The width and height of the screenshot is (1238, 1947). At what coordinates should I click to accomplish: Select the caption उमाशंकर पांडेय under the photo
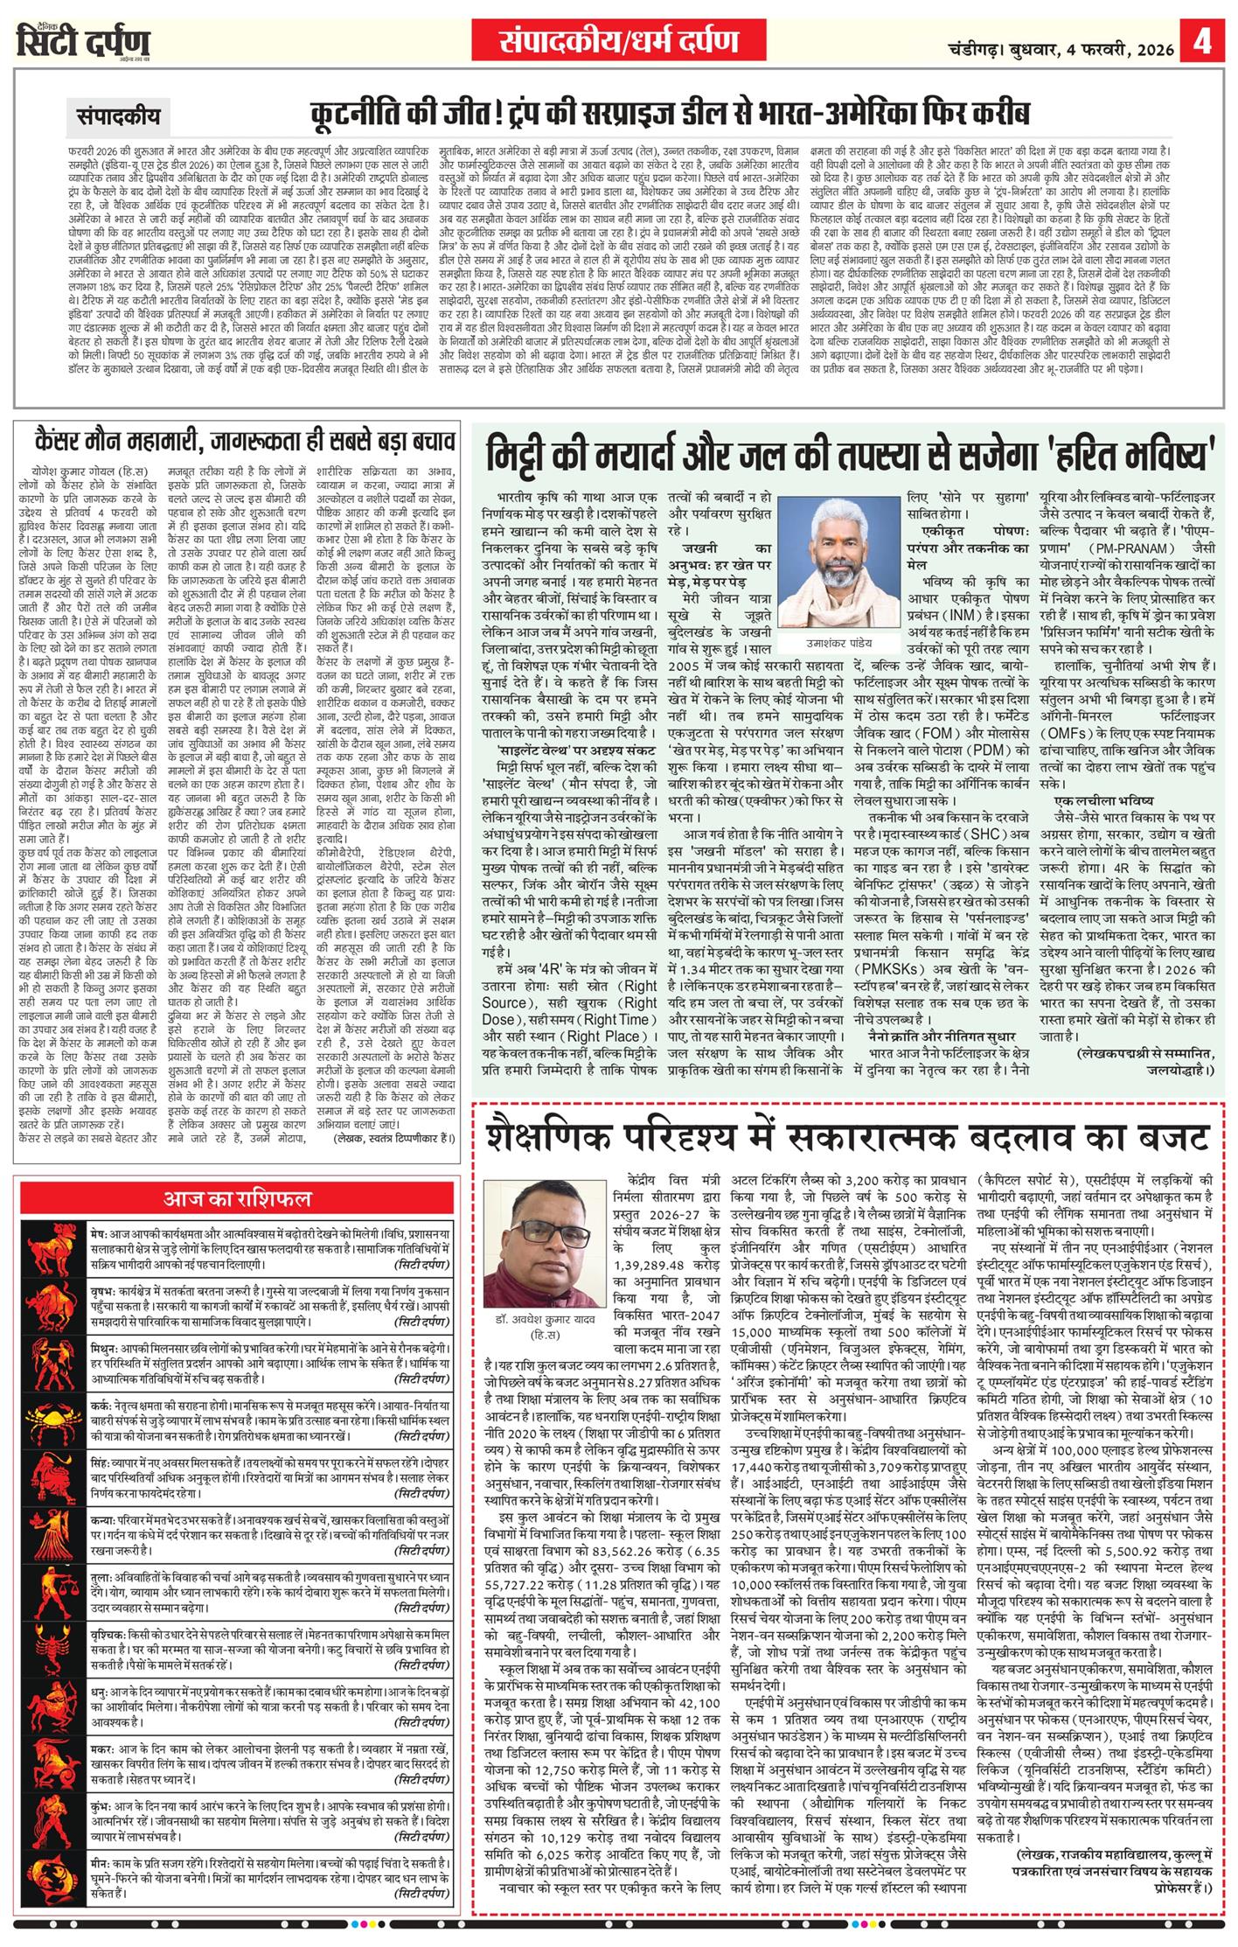click(x=820, y=618)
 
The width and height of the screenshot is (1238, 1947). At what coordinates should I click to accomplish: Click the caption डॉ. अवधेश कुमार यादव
click(x=537, y=1320)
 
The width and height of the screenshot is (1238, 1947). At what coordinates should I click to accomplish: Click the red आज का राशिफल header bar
click(x=238, y=1197)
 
